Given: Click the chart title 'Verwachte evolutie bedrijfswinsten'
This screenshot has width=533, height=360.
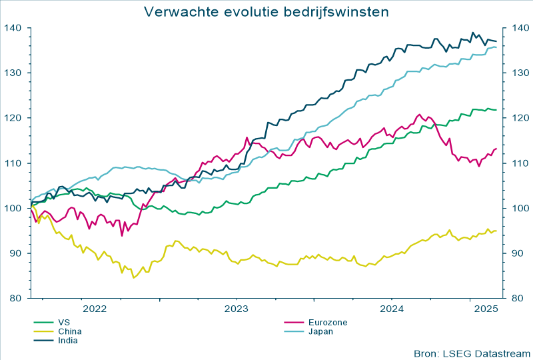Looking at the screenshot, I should tap(266, 12).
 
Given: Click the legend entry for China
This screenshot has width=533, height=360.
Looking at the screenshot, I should tap(70, 331).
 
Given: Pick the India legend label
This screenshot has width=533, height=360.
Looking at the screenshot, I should tap(68, 340).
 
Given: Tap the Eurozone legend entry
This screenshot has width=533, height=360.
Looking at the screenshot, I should tap(328, 322).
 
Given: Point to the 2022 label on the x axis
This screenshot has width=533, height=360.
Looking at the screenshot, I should tap(94, 309).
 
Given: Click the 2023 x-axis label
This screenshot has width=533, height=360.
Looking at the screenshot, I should tap(236, 309).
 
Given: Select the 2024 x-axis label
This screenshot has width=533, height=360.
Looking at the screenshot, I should tap(392, 309).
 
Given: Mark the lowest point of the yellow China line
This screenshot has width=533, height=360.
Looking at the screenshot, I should tap(134, 277).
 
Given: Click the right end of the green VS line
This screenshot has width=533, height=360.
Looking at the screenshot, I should tap(496, 110).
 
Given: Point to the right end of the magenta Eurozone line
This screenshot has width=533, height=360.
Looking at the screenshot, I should tap(496, 149).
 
